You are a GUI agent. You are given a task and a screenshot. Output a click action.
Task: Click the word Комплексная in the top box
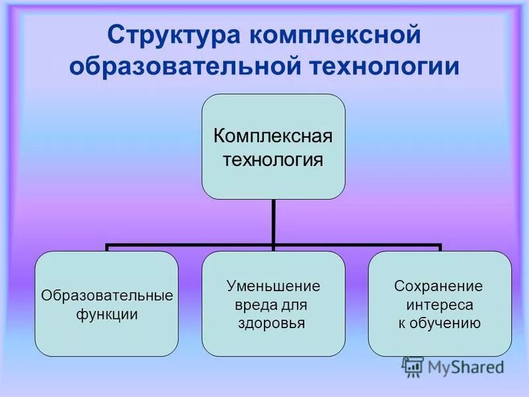point(272,136)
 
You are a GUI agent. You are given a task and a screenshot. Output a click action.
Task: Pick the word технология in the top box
point(272,159)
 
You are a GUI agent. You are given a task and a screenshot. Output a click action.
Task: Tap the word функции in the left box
point(107,314)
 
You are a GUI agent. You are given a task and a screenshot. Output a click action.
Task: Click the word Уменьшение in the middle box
point(273,287)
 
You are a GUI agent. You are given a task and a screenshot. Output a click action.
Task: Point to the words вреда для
point(271,305)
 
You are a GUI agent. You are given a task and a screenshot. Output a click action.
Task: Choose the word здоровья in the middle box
point(271,324)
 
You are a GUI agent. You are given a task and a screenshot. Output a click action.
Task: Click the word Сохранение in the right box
point(438,287)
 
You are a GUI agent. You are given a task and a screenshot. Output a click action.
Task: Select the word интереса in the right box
point(438,305)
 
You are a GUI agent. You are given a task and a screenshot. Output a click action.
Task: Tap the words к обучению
point(439,324)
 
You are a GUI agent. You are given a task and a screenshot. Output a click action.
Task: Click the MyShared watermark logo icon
point(413,367)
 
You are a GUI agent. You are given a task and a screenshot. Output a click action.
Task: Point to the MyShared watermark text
point(466,367)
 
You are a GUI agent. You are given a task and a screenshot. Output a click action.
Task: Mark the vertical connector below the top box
point(273,222)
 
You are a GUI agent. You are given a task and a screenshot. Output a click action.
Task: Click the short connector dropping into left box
point(107,247)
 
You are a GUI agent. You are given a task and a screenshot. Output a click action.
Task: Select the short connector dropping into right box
point(439,247)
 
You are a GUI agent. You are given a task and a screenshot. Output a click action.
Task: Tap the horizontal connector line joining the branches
point(192,245)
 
